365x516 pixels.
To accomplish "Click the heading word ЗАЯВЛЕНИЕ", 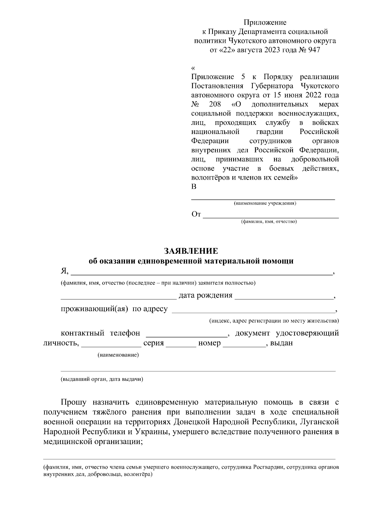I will pos(191,251).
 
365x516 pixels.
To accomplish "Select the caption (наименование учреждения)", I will pos(265,203).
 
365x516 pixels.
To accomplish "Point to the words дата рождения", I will pos(205,295).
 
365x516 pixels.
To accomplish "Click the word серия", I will pos(154,343).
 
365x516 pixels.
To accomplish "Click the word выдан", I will pos(281,343).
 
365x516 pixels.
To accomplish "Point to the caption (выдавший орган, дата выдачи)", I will pos(102,380).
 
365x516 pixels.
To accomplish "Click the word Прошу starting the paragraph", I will pos(74,403).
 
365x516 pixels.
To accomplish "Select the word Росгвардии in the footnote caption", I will pos(268,466).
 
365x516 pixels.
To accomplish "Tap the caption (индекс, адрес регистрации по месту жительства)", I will pos(274,321).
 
